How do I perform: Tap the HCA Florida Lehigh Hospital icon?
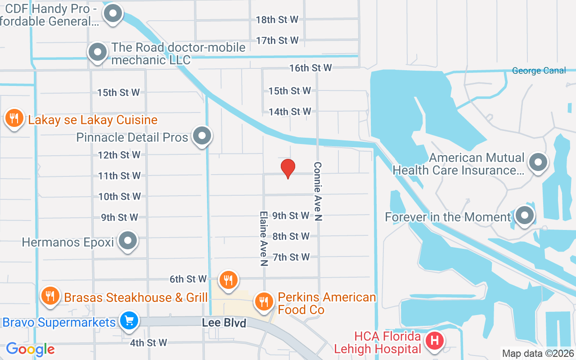pos(435,341)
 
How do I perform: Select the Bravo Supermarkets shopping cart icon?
pos(129,321)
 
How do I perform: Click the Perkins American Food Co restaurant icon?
pos(264,301)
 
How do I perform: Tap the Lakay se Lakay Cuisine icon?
pos(14,118)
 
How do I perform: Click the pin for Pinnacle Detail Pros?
pos(202,135)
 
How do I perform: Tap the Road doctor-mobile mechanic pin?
pos(97,52)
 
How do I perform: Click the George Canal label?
pos(539,71)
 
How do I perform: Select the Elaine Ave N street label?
pos(264,238)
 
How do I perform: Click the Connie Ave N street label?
pos(318,191)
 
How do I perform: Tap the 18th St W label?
pos(277,19)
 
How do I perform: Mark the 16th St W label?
pos(310,68)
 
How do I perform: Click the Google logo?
pos(30,349)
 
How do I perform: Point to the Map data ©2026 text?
pos(538,354)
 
